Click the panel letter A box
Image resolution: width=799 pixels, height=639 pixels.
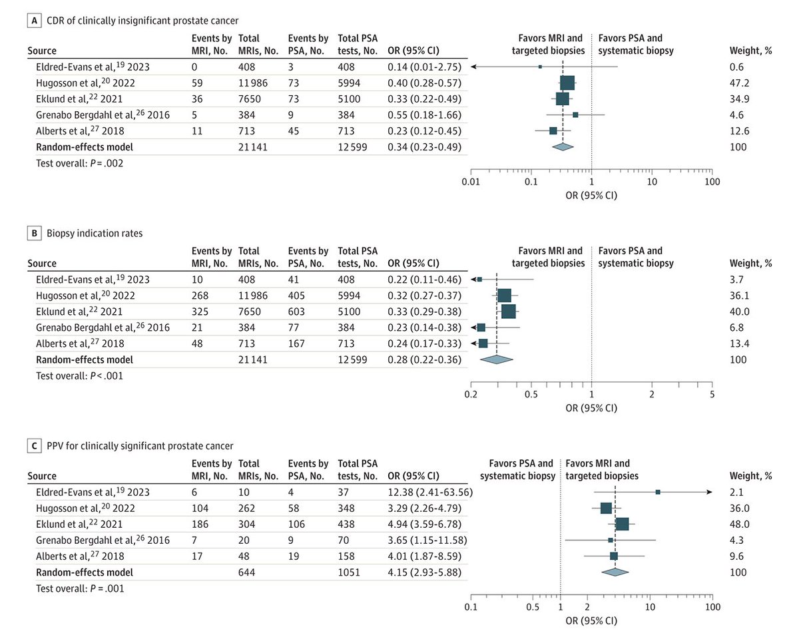(x=32, y=21)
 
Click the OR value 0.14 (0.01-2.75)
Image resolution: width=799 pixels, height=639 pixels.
(x=421, y=67)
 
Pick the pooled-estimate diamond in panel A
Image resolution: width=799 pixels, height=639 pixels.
(x=563, y=146)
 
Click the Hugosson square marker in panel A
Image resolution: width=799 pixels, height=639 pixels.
(x=567, y=83)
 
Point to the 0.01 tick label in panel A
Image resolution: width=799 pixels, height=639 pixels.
(x=471, y=182)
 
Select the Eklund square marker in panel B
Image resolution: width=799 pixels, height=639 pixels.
(x=508, y=311)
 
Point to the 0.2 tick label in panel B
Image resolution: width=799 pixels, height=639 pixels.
(x=471, y=395)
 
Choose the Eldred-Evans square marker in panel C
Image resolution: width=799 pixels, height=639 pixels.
(x=658, y=492)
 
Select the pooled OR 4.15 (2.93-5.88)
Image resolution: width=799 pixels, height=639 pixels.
(x=421, y=572)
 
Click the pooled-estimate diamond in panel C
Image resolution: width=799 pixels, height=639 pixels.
(x=615, y=572)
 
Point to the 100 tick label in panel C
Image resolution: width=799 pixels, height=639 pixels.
(x=712, y=608)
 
